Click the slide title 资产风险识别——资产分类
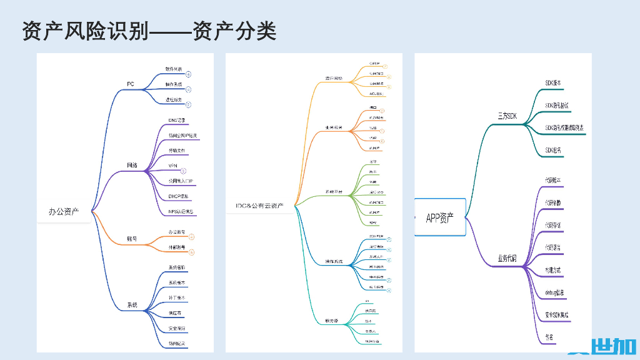149,31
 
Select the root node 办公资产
64,212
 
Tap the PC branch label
131,84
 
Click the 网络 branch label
132,166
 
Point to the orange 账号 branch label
132,238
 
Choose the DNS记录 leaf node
177,120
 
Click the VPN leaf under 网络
173,166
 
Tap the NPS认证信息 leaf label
181,211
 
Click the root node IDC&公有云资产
259,205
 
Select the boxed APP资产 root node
440,217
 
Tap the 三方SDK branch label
507,116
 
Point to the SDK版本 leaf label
553,82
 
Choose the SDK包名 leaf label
552,151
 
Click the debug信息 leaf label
554,292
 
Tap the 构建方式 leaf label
552,271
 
